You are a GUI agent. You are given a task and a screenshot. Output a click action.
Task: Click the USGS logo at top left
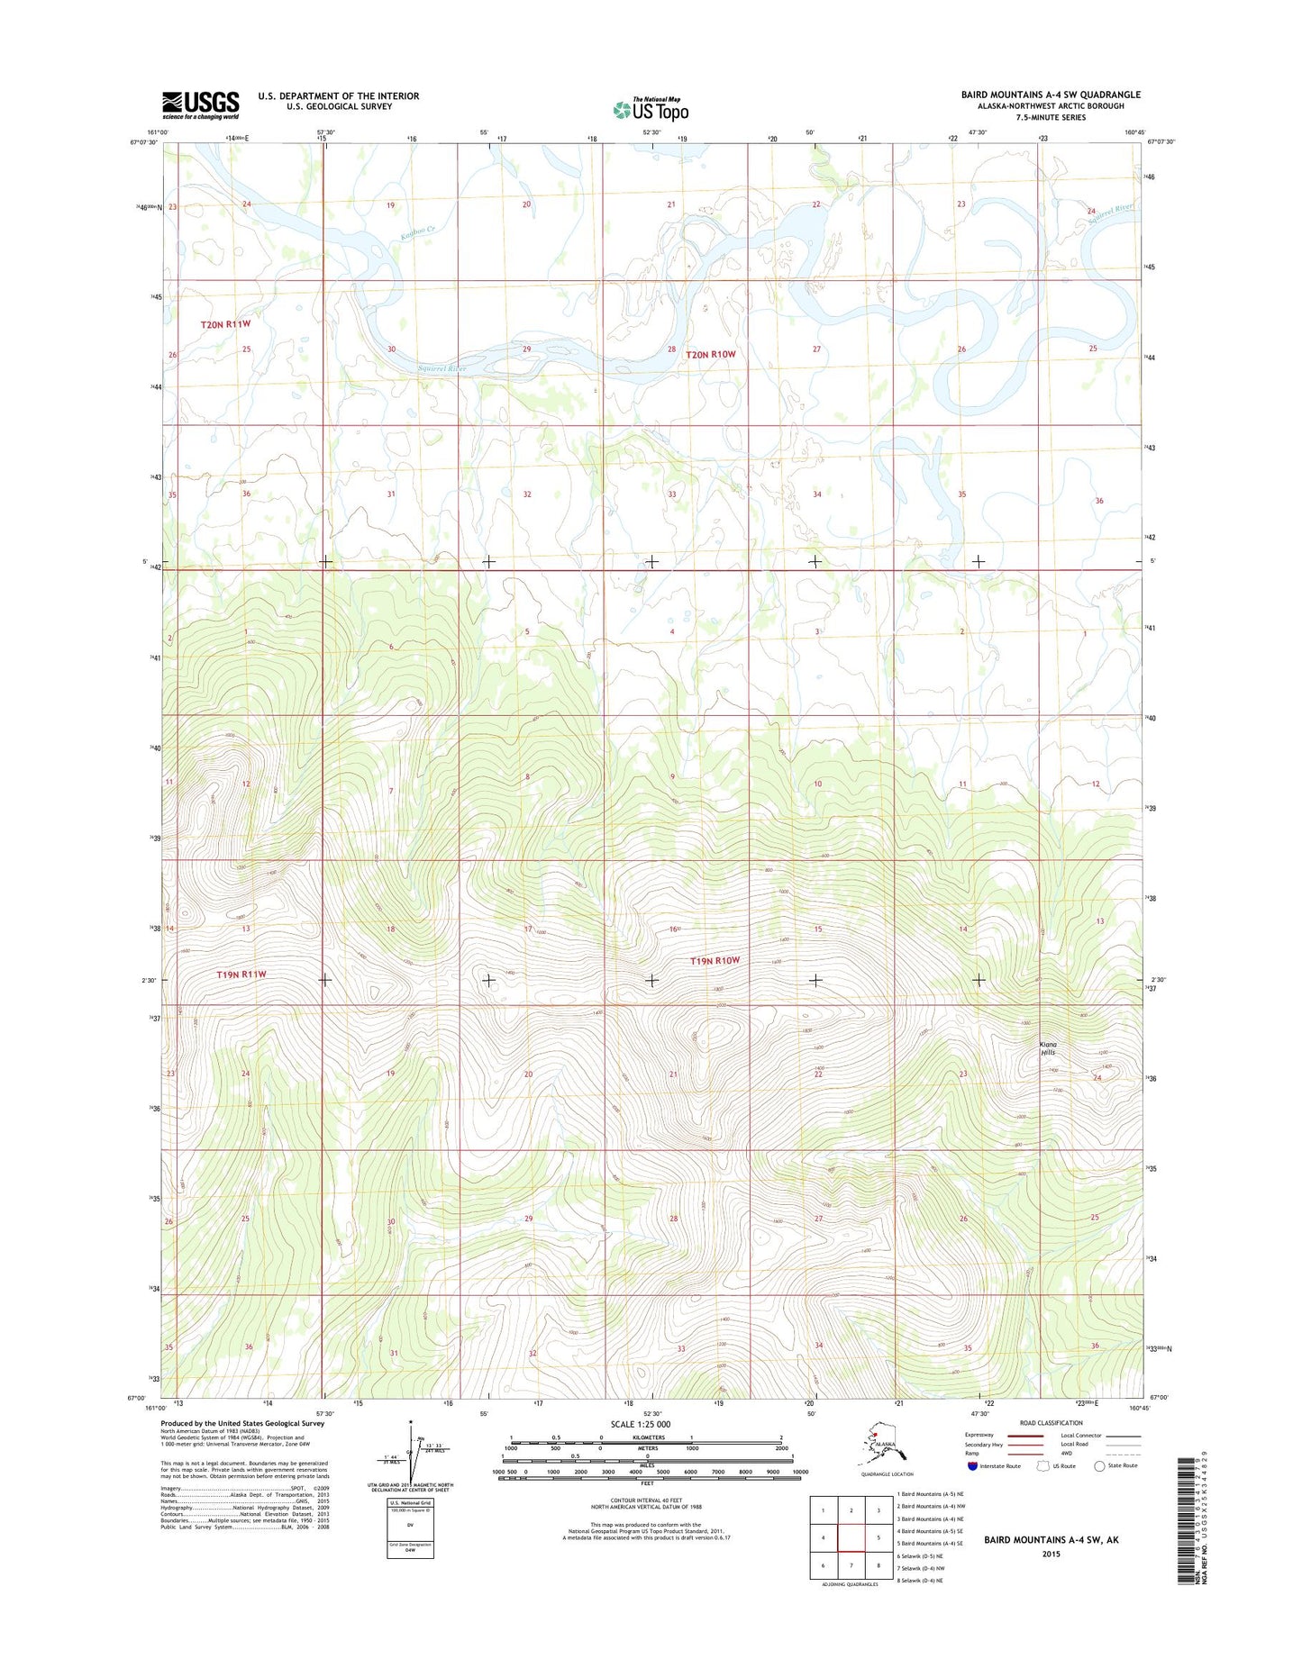pyautogui.click(x=200, y=104)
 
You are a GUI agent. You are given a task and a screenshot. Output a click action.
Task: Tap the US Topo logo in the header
pyautogui.click(x=651, y=109)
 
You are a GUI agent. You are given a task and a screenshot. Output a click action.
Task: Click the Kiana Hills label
pyautogui.click(x=1048, y=1048)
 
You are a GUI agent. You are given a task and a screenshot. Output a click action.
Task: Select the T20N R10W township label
pyautogui.click(x=711, y=355)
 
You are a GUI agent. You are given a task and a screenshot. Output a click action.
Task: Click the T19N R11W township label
pyautogui.click(x=241, y=975)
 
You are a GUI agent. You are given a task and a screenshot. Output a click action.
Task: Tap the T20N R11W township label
pyautogui.click(x=225, y=323)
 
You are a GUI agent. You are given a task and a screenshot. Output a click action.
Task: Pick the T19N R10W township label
pyautogui.click(x=715, y=961)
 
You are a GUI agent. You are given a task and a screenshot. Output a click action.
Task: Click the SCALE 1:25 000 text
pyautogui.click(x=640, y=1424)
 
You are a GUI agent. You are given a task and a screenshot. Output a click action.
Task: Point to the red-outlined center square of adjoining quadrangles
pyautogui.click(x=851, y=1537)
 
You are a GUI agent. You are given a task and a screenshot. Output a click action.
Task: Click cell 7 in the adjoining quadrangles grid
pyautogui.click(x=851, y=1564)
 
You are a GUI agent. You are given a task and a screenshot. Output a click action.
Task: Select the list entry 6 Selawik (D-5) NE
pyautogui.click(x=919, y=1555)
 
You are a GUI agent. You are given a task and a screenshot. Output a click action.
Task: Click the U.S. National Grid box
pyautogui.click(x=410, y=1528)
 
